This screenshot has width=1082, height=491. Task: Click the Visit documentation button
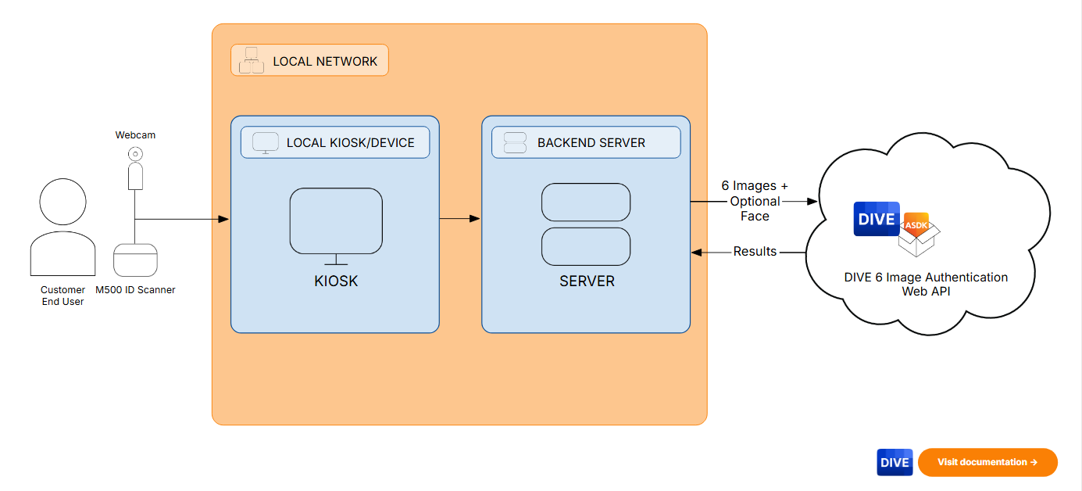pos(987,462)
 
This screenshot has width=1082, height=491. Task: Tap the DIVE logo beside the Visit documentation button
pos(895,462)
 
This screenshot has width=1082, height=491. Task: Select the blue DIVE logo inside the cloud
pos(877,219)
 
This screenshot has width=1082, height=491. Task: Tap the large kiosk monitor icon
pos(336,222)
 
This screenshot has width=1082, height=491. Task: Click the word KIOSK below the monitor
pos(336,281)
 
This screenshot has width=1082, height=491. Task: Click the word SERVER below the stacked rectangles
pos(587,281)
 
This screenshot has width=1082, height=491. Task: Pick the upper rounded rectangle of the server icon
pos(586,202)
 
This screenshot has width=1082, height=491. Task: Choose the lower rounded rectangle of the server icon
pos(586,246)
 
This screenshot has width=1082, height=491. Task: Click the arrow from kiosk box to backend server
pos(459,219)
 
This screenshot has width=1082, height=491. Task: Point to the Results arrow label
pos(755,252)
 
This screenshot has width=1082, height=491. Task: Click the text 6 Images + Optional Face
pos(755,201)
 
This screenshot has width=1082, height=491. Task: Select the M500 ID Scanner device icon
pos(135,260)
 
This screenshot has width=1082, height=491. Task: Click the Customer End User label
pos(62,296)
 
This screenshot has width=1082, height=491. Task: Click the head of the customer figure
pos(62,202)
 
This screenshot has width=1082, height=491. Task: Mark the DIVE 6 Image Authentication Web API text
pos(926,284)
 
